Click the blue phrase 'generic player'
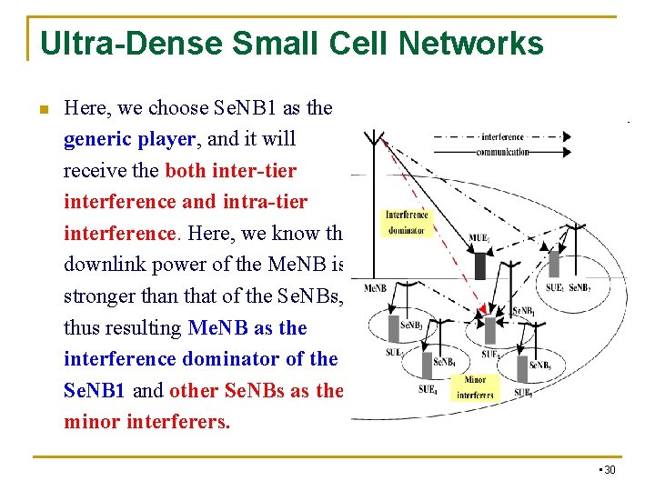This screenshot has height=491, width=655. (129, 139)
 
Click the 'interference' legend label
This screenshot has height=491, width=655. (502, 137)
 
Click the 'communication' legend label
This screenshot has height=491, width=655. (502, 152)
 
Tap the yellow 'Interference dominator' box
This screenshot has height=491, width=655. (407, 223)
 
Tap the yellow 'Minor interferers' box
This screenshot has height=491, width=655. (475, 386)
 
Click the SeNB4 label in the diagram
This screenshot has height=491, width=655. (444, 362)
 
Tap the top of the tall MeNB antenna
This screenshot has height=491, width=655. (372, 136)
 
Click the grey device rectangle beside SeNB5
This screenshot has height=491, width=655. (523, 368)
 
